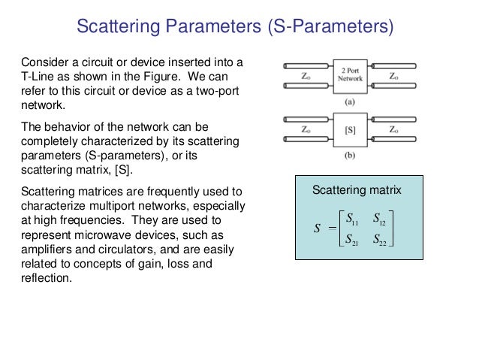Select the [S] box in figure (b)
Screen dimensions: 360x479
(350, 129)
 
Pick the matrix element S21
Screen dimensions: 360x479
(350, 241)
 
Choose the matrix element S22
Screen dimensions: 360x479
(381, 241)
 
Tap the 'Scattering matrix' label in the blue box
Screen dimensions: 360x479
(357, 192)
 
